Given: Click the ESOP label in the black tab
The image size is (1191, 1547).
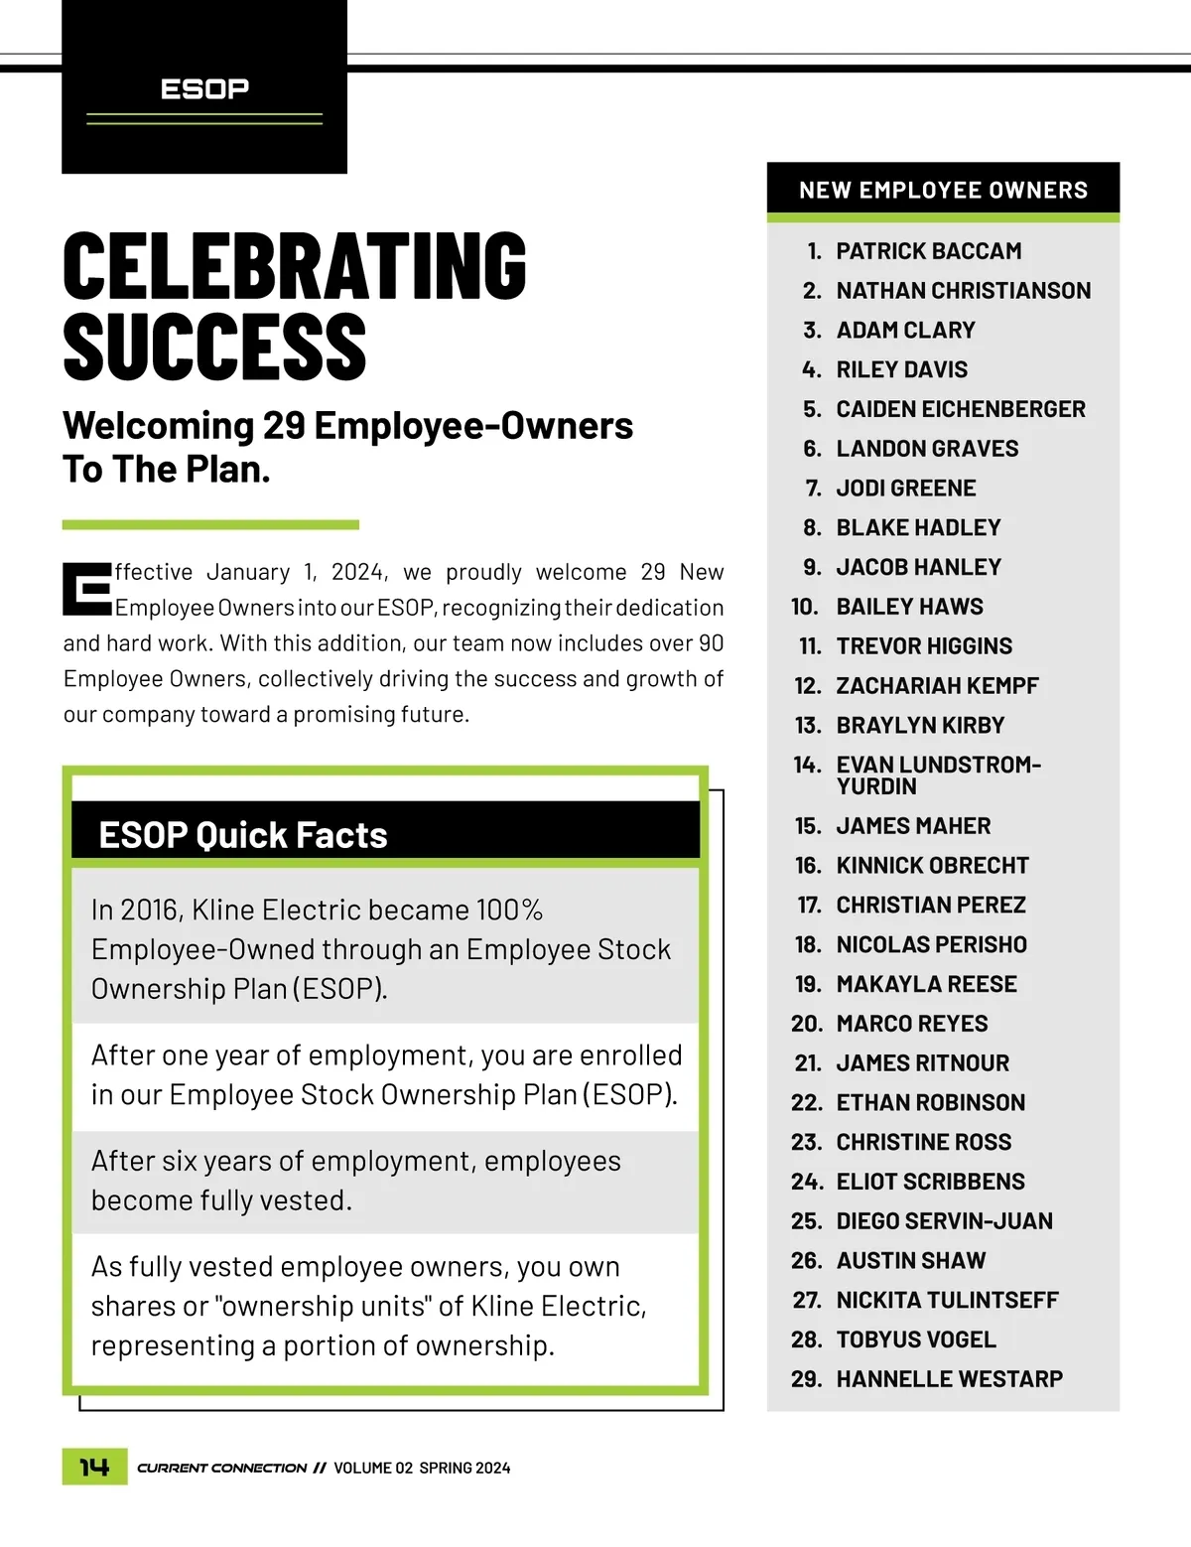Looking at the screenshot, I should point(204,89).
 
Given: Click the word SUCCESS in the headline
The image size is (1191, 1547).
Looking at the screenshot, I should point(214,347).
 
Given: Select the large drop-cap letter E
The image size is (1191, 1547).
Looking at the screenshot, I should point(86,589).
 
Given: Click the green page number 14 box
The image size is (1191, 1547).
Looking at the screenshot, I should point(94,1467).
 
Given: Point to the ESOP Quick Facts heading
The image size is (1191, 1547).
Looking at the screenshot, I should point(243,835).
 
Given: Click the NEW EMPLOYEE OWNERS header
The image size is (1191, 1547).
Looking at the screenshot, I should point(943,190).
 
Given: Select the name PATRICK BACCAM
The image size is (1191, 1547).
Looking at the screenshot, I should point(928,251).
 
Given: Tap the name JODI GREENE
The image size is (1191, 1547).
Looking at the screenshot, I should point(905,489).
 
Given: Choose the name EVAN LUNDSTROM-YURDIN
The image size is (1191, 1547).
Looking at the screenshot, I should point(937,775).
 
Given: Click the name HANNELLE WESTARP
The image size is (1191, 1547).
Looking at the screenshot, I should point(949,1379).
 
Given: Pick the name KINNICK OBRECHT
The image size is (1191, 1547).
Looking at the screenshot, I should point(932,866).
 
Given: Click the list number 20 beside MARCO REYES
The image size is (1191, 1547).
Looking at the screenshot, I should point(806,1024).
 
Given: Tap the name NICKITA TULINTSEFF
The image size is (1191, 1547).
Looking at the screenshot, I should point(947,1300).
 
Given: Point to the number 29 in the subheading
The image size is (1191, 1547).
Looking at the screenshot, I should point(284,426).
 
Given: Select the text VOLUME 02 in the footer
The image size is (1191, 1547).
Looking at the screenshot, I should point(372,1468).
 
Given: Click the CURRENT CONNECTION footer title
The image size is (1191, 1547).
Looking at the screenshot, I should point(221,1468).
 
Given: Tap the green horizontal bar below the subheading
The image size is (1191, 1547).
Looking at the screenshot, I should point(210,524).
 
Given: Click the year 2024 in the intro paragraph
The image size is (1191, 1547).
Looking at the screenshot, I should point(357,572).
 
